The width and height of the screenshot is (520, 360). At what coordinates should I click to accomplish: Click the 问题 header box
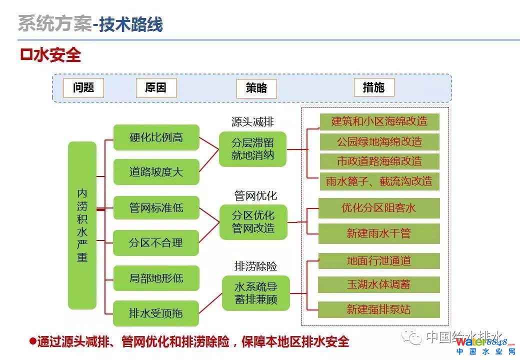83,87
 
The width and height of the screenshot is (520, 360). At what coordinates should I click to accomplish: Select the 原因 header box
156,87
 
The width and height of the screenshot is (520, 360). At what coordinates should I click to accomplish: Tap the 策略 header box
256,88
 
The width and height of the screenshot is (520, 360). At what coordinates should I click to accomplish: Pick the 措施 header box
373,87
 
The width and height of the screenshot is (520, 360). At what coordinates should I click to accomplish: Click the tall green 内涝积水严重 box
82,225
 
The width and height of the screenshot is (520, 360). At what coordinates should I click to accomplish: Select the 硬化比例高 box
156,137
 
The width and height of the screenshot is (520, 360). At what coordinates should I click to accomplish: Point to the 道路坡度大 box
156,172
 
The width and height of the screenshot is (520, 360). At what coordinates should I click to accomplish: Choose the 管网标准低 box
156,207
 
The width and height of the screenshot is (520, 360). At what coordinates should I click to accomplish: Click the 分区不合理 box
156,243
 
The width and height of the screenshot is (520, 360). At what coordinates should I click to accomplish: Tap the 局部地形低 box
156,278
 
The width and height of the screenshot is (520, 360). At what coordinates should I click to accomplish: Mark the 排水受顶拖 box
156,313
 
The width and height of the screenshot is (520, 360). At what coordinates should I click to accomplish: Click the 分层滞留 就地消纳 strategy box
253,149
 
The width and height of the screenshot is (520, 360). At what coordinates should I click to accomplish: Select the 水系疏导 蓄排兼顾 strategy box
255,293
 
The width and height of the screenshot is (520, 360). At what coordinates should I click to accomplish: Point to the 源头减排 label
252,122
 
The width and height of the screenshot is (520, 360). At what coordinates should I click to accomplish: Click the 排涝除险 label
255,266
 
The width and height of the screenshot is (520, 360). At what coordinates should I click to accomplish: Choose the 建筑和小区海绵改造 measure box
379,121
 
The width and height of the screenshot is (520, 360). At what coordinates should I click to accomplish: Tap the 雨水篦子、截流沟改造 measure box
379,181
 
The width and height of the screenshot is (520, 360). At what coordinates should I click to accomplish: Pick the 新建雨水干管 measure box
379,233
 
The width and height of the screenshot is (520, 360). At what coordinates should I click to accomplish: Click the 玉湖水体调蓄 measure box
379,284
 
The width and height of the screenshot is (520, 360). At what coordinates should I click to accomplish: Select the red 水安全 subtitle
50,55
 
